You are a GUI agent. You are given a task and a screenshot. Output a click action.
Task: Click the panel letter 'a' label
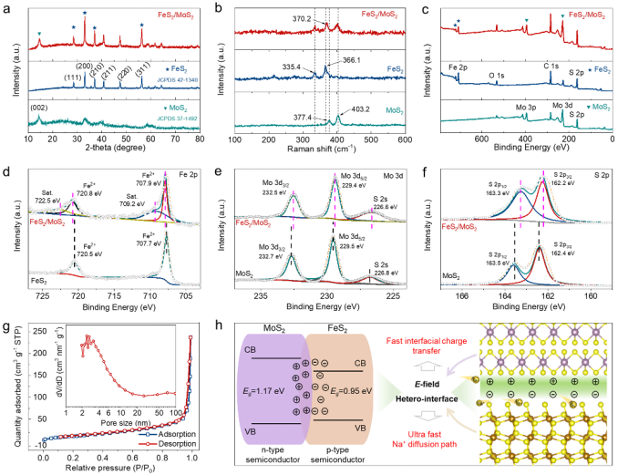click(6, 6)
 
